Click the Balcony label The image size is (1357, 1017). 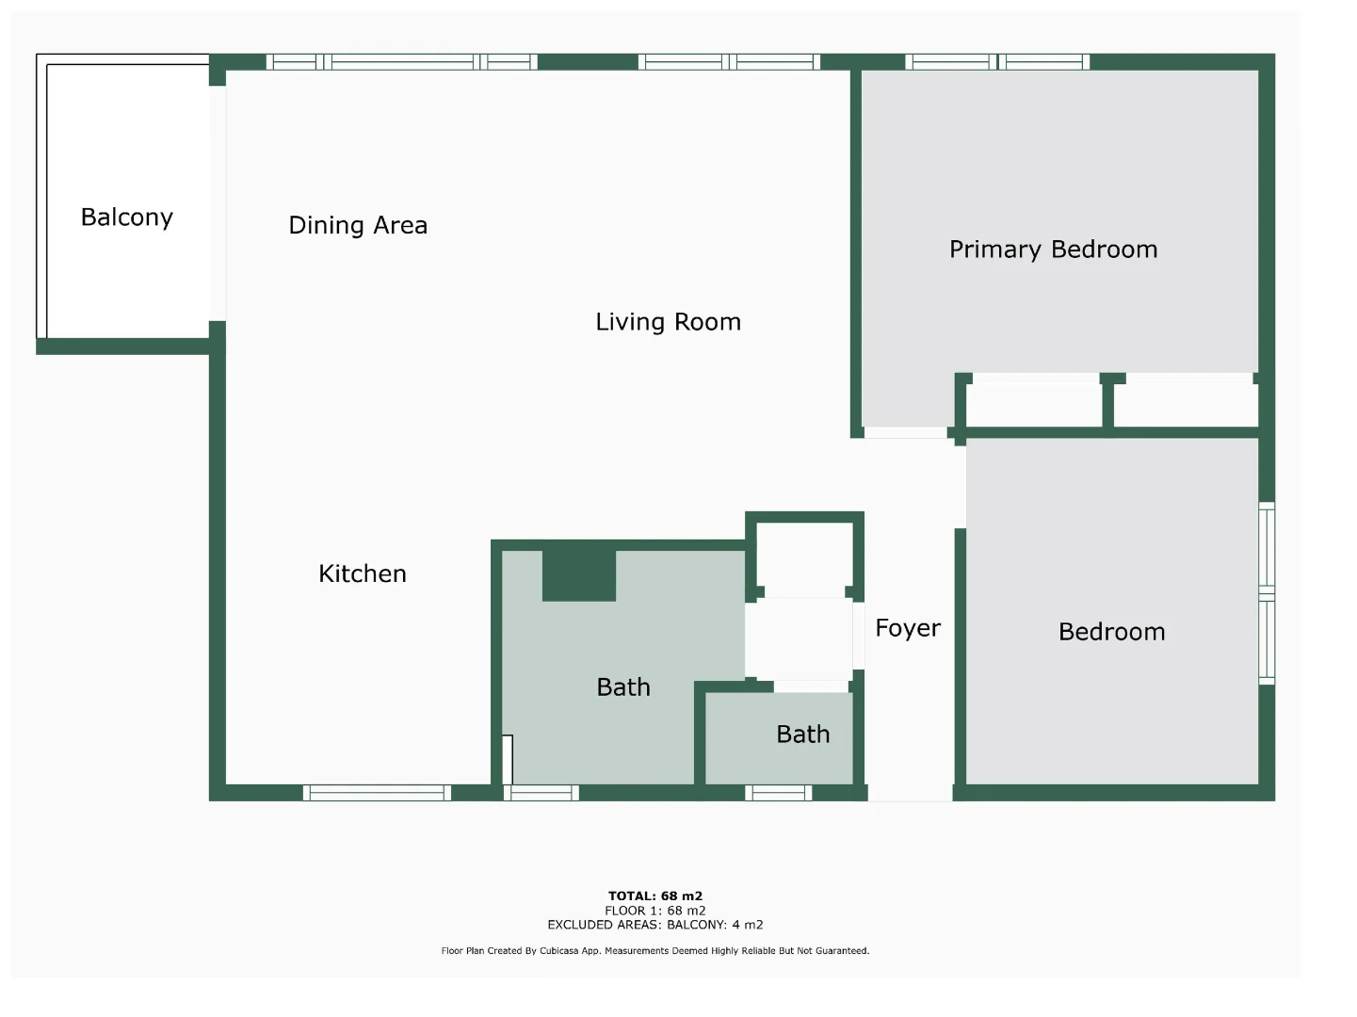click(x=127, y=218)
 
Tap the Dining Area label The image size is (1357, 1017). click(x=358, y=225)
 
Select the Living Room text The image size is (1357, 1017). click(x=668, y=322)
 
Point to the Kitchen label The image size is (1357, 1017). click(x=363, y=573)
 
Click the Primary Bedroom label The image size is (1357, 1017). click(x=1053, y=250)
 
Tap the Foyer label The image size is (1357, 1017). click(x=908, y=628)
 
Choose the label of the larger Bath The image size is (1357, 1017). click(x=623, y=687)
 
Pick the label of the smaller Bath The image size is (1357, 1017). click(x=802, y=734)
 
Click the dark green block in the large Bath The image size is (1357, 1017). click(x=579, y=575)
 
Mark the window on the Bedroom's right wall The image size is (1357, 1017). click(x=1267, y=593)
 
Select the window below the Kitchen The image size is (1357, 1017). click(x=377, y=793)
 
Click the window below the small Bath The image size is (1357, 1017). click(x=778, y=793)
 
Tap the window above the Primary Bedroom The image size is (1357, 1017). click(x=997, y=62)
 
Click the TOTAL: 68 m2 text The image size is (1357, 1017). click(x=655, y=896)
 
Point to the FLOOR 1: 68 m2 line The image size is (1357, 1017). click(x=655, y=911)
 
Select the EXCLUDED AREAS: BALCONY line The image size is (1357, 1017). click(x=655, y=925)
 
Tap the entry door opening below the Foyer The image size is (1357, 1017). click(x=910, y=793)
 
